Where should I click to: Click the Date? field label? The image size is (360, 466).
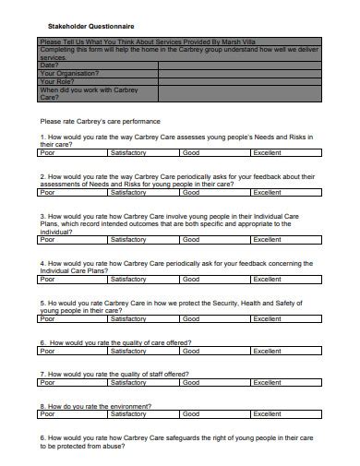(50, 65)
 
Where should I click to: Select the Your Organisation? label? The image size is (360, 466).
(69, 73)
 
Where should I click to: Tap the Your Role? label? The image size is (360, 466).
(57, 81)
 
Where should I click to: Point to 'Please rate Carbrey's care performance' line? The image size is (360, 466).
(100, 121)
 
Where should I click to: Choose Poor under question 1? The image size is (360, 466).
(47, 153)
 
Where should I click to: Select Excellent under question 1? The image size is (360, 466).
(268, 153)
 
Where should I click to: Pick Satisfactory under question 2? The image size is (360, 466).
(127, 193)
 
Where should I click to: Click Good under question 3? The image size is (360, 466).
(191, 240)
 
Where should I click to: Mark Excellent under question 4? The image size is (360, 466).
(268, 279)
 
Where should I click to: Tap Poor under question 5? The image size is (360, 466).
(47, 319)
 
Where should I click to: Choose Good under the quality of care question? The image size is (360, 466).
(191, 351)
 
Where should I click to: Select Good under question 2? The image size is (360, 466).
(191, 193)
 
